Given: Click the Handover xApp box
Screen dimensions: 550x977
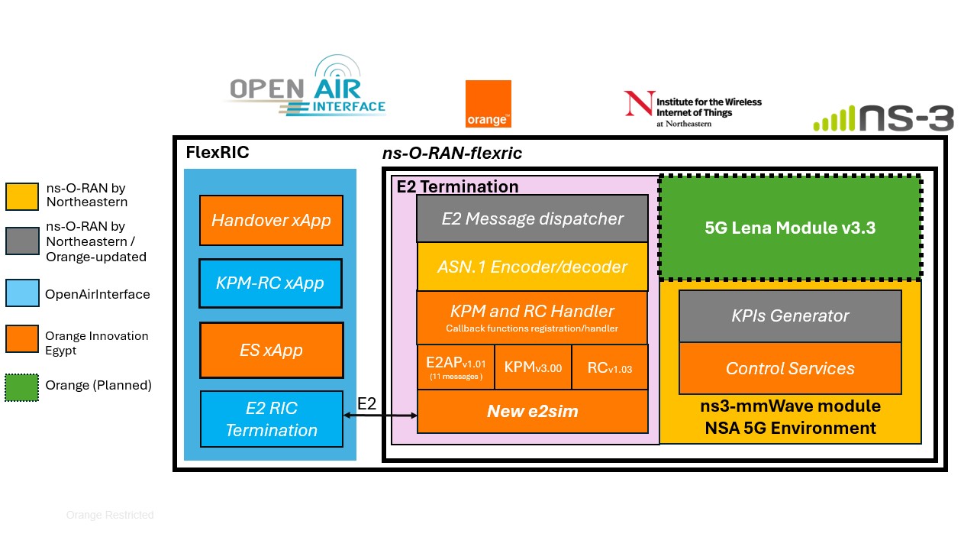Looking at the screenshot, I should coord(271,220).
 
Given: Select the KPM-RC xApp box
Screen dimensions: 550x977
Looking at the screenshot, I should coord(271,283).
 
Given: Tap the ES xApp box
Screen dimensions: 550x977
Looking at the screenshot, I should coord(271,350).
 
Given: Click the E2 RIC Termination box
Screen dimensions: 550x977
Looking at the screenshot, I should coord(271,419).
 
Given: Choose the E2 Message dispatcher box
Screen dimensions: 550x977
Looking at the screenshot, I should coord(532,218).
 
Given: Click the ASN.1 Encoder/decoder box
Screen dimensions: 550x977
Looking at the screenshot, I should coord(532,267).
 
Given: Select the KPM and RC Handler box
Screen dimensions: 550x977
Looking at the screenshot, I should coord(532,317).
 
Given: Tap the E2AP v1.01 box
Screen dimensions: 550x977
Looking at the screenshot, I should coord(456,367).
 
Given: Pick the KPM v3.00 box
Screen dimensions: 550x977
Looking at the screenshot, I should coord(533,367).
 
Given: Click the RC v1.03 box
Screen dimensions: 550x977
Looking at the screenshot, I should coord(609,367).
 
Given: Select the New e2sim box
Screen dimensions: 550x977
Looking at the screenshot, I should coord(532,412).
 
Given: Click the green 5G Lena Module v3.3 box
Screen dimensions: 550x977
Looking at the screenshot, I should coord(790,228).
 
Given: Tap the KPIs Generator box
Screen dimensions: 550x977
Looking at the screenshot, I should coord(790,315).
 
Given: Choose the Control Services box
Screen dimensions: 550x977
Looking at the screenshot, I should coord(790,368).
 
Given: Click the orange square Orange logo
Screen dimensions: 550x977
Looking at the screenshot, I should coord(488,104).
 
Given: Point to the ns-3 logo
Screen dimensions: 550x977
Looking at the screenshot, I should coord(883,118).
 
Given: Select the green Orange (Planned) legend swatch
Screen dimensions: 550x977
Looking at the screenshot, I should coord(21,386).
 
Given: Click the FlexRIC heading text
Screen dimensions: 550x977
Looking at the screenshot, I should coord(218,152).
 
